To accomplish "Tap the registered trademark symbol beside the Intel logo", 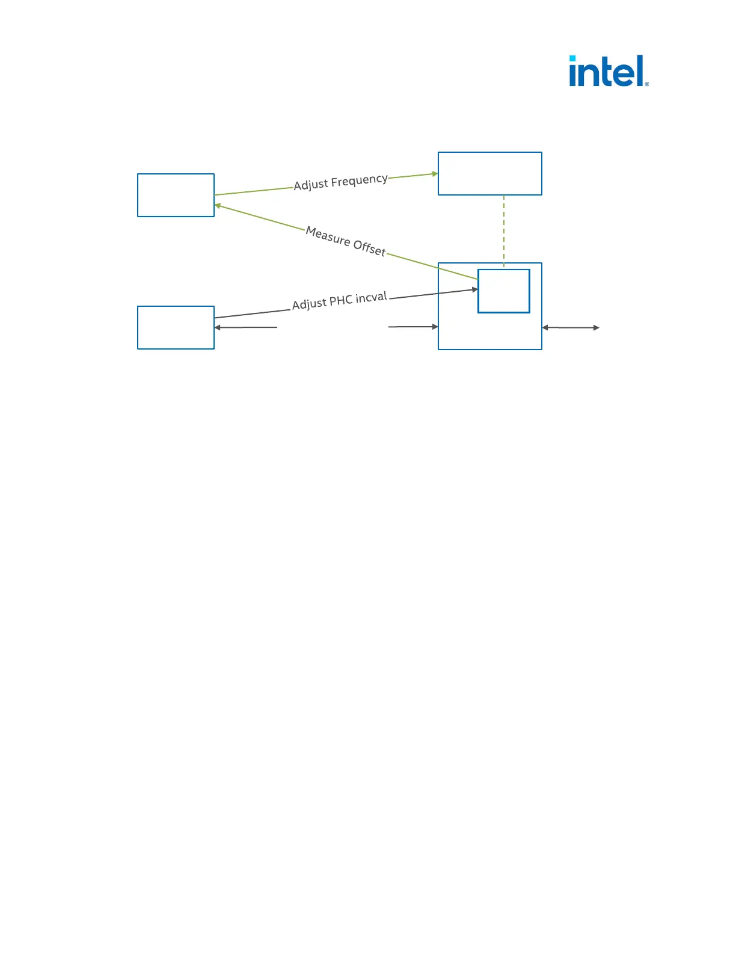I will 647,84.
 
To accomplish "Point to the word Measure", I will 328,236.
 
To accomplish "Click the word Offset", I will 369,247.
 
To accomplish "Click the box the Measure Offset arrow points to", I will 176,195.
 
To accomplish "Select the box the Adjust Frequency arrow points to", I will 489,173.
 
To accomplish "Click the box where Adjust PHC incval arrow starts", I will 176,327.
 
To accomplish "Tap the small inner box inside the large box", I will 503,291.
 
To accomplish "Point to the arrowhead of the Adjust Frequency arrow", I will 435,174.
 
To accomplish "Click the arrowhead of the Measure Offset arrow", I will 218,206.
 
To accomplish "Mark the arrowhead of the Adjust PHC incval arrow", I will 474,289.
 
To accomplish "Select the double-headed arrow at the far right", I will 571,327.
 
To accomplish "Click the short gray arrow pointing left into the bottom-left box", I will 245,327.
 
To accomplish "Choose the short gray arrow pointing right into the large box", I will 414,327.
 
